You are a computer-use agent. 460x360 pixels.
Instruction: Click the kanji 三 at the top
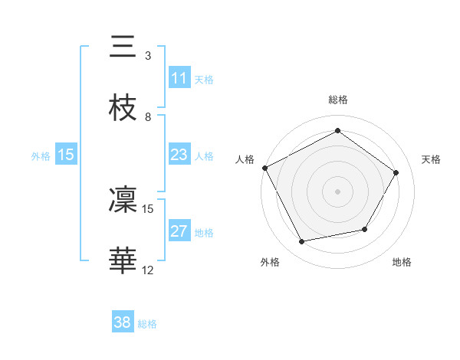(x=123, y=47)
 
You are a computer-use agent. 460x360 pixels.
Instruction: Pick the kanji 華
(x=123, y=261)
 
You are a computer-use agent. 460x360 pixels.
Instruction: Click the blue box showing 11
(x=179, y=78)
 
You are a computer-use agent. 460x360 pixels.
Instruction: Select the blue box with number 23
(x=179, y=155)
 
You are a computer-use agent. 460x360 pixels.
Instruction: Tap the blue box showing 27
(x=179, y=231)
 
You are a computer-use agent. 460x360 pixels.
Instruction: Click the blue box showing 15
(x=66, y=155)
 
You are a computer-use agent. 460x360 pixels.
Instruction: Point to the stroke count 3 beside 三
(x=148, y=56)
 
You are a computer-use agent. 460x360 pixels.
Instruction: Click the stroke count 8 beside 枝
(x=148, y=117)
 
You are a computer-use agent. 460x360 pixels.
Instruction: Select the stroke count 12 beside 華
(x=148, y=270)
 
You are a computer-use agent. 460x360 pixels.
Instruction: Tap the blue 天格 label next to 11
(x=204, y=79)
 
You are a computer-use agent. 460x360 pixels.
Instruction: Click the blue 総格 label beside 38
(x=147, y=323)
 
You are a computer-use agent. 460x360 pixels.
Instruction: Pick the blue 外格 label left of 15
(x=41, y=156)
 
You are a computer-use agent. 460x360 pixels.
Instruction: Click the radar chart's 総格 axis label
(x=337, y=100)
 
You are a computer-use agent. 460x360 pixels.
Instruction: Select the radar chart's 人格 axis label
(x=245, y=159)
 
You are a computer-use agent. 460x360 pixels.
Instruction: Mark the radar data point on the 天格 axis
(x=396, y=172)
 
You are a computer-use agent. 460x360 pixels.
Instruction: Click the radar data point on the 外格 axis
(x=301, y=242)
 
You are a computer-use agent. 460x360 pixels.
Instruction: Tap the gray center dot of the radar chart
(x=337, y=191)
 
